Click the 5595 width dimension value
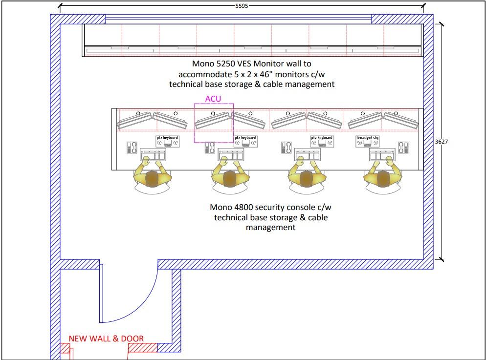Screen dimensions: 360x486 click(x=242, y=6)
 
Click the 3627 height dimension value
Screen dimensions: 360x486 click(x=442, y=142)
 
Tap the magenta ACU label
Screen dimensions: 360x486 click(x=213, y=99)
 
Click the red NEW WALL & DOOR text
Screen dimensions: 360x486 click(x=106, y=339)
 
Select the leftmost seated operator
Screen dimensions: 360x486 click(x=153, y=179)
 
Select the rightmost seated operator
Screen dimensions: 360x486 click(x=383, y=179)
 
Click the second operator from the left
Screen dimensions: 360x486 click(x=230, y=179)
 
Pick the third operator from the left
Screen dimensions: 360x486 click(x=307, y=179)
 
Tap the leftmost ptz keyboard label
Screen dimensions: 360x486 click(x=167, y=138)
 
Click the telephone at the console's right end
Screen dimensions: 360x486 click(x=403, y=147)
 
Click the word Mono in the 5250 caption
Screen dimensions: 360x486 click(x=203, y=64)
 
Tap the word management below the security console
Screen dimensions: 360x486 click(x=270, y=227)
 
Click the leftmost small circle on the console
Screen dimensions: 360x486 click(x=138, y=113)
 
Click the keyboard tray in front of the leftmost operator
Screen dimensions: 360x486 click(x=153, y=155)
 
